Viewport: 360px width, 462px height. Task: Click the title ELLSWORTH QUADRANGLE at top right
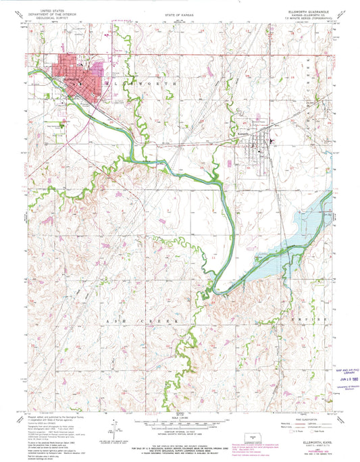point(307,13)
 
